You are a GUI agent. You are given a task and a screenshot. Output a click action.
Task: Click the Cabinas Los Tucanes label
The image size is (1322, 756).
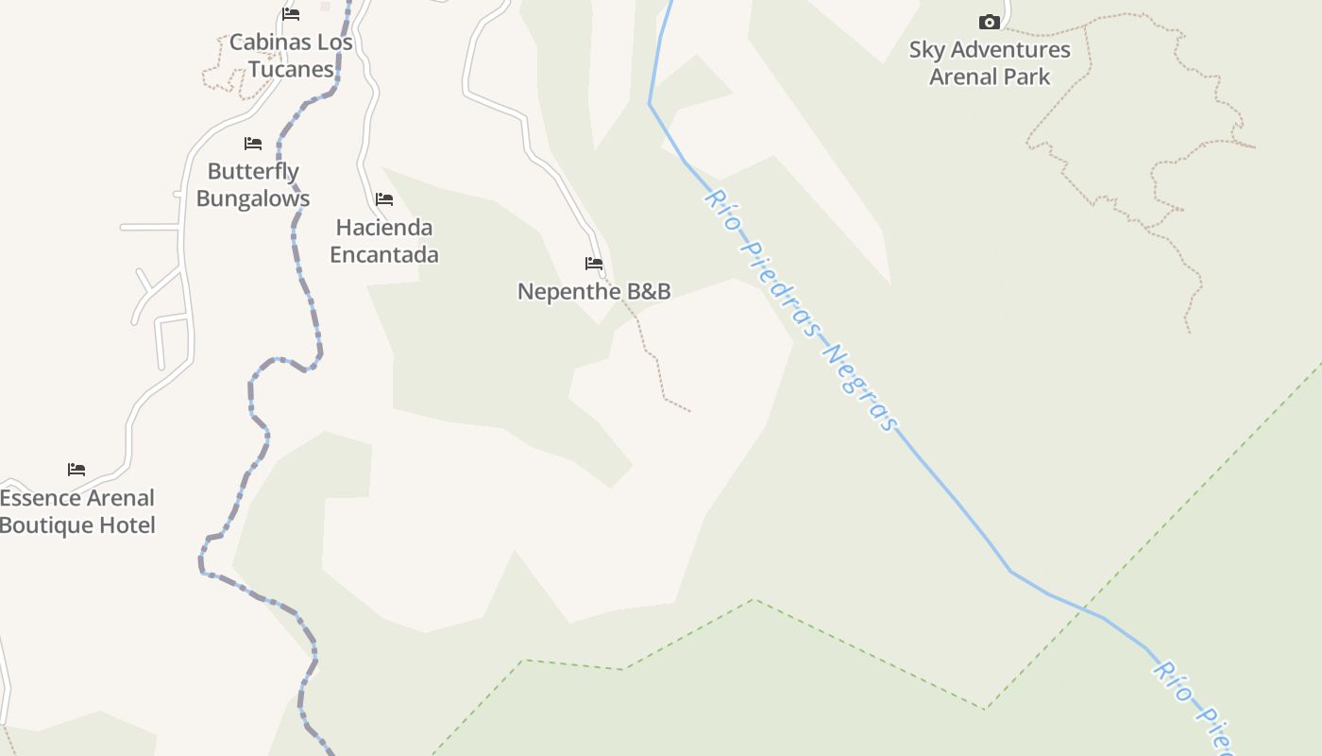tap(291, 55)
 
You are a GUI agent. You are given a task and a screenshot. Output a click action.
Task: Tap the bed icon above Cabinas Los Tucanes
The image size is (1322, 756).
tap(291, 14)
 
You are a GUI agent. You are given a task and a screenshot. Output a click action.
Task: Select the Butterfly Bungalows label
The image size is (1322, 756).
tap(253, 185)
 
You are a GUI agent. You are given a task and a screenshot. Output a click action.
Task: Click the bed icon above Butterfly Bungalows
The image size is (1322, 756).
tap(253, 144)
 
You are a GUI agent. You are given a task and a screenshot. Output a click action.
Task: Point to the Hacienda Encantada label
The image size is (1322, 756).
tap(384, 241)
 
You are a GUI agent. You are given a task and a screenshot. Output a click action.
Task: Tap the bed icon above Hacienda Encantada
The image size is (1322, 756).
tap(384, 199)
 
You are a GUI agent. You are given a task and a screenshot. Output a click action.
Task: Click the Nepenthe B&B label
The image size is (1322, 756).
tap(594, 291)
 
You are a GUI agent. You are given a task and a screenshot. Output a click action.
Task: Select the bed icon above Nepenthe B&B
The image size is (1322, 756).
tap(594, 264)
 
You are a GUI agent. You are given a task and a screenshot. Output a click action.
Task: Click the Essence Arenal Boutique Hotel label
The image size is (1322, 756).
tap(76, 511)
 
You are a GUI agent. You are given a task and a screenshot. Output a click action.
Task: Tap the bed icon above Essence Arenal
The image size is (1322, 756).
tap(76, 470)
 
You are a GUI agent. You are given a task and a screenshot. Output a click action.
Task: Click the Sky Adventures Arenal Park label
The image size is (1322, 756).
tap(990, 62)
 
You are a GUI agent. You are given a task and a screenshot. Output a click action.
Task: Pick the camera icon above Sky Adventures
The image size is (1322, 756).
tap(989, 22)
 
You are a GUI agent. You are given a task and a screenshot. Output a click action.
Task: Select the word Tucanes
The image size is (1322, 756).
tap(291, 69)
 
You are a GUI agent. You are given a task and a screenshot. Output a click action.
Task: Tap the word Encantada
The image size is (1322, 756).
tap(384, 255)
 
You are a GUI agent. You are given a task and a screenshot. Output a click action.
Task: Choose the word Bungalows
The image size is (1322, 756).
tap(253, 199)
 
